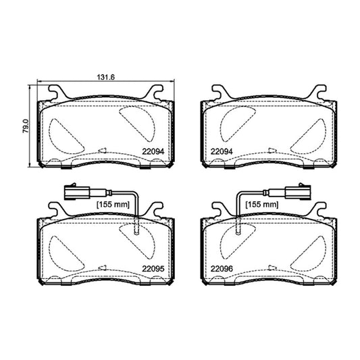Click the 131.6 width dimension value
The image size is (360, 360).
(105, 77)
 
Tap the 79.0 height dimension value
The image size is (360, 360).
(26, 126)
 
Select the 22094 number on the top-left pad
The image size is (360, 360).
(153, 151)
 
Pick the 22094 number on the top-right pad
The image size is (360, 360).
(222, 151)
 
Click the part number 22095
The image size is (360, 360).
(153, 269)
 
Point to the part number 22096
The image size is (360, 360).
(222, 269)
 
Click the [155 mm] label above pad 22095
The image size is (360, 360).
(113, 205)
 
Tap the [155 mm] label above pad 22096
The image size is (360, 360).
(262, 205)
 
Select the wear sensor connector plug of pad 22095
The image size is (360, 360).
(77, 192)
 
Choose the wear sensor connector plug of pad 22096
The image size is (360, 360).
(298, 192)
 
